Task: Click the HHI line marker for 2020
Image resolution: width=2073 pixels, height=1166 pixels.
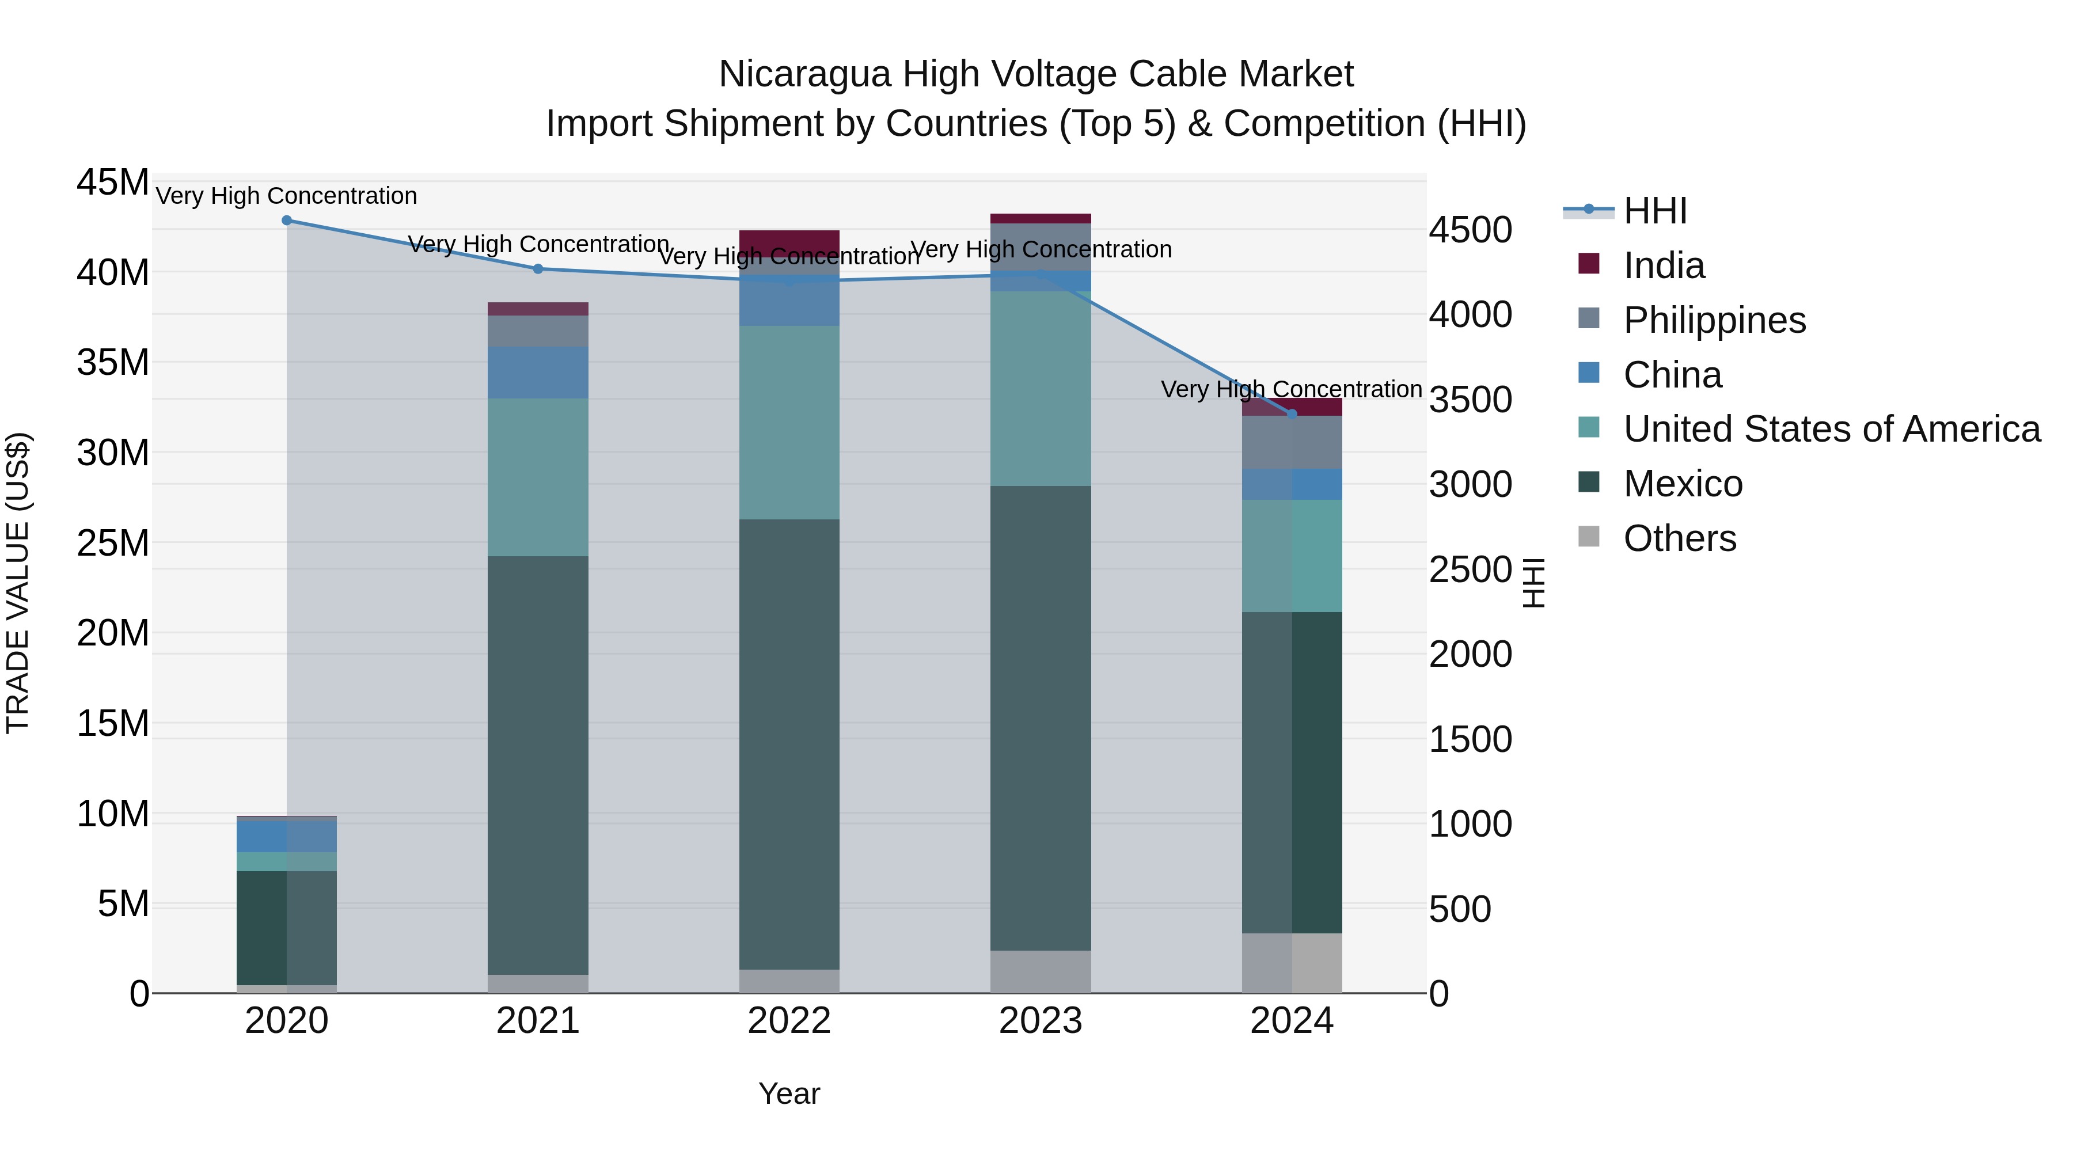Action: click(x=287, y=221)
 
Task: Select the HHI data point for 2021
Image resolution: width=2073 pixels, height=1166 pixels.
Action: click(x=538, y=269)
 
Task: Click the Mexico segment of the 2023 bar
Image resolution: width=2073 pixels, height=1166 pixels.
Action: click(x=1041, y=716)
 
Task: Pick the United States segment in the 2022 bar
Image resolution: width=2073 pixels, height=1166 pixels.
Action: click(x=789, y=423)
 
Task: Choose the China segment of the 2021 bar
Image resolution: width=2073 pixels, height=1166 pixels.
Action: click(x=538, y=373)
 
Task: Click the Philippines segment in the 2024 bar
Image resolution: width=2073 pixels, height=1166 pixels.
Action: click(x=1292, y=443)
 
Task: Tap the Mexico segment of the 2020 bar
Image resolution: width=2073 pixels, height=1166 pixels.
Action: click(x=287, y=927)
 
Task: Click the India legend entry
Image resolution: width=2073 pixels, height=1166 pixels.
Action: click(x=1664, y=265)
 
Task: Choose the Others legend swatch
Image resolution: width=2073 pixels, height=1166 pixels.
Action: click(x=1589, y=537)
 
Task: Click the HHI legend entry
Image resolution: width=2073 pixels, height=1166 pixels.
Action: click(x=1654, y=211)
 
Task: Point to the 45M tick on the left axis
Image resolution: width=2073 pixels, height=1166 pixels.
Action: click(x=113, y=183)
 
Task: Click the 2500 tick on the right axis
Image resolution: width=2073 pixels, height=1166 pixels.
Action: click(x=1470, y=569)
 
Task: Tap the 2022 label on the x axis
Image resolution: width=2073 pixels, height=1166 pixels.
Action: click(x=789, y=1021)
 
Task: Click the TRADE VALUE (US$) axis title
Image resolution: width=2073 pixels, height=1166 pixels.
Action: click(x=18, y=583)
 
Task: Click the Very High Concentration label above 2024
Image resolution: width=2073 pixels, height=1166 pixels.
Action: click(x=1291, y=389)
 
